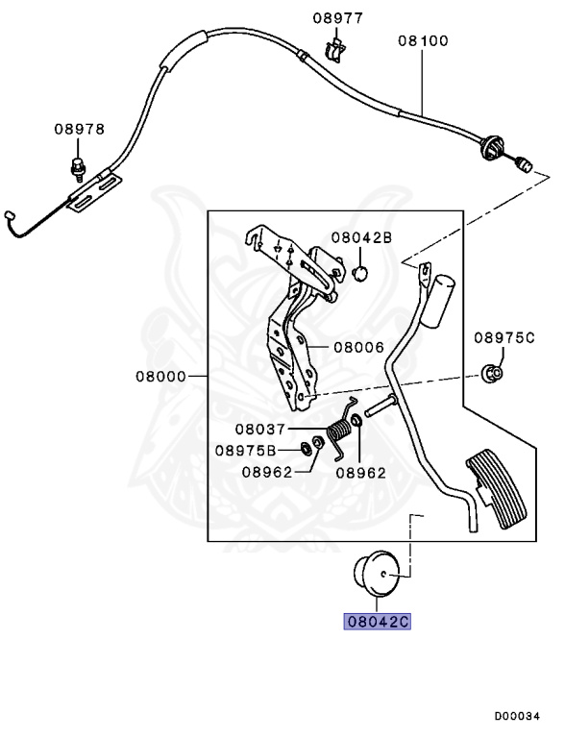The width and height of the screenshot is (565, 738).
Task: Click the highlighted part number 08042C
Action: [378, 622]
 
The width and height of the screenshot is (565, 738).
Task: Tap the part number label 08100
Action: [423, 41]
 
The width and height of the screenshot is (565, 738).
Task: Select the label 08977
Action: [337, 17]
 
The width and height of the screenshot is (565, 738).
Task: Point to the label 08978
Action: [79, 130]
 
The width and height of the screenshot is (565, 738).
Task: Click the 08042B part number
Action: [361, 236]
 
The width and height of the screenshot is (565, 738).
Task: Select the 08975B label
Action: [245, 449]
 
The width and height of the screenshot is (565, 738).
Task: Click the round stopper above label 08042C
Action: [377, 575]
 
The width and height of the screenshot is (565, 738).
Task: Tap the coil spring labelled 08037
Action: [338, 438]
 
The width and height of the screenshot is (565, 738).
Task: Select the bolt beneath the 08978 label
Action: [77, 169]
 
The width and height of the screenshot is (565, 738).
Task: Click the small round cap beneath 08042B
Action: [360, 274]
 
